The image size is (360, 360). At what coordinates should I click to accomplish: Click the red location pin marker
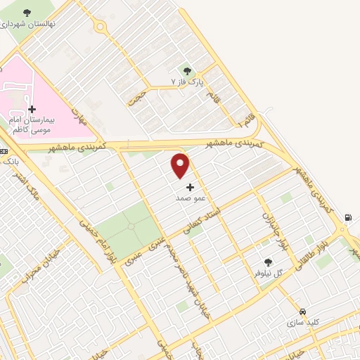point(181,165)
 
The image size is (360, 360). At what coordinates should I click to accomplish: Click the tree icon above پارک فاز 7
point(187,70)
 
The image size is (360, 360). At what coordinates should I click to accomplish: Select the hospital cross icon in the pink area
point(32,109)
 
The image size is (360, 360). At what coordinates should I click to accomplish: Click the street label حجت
point(137,96)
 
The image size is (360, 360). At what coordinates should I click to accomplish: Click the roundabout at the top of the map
point(101,27)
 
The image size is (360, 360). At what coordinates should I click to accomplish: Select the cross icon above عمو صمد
point(190,187)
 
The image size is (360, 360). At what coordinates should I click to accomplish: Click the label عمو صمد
point(191,199)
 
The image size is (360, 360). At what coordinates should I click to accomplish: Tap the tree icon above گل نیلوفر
point(266,261)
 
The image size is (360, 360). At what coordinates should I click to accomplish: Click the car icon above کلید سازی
point(302,311)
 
